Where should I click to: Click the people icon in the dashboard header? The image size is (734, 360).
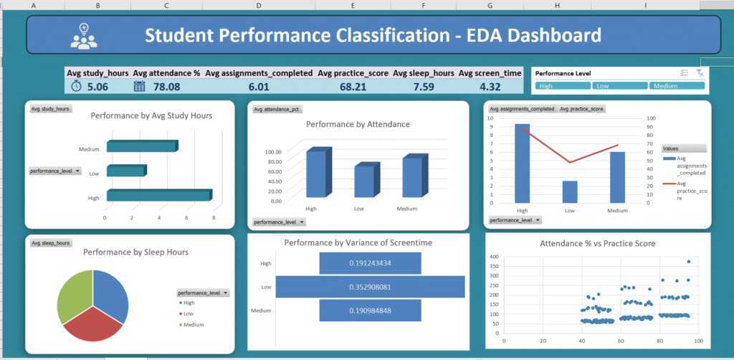(x=85, y=35)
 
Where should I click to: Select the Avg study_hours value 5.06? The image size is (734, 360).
(x=97, y=86)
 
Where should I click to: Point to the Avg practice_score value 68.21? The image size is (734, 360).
(x=353, y=86)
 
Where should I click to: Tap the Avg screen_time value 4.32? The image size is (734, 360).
(x=490, y=86)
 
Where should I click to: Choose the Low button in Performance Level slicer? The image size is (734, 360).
(x=620, y=86)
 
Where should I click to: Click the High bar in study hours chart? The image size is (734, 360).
(x=158, y=196)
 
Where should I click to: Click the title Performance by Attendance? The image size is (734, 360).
(x=358, y=124)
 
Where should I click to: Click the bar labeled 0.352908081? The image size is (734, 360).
(x=370, y=287)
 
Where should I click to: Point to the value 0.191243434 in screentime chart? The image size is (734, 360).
(x=370, y=263)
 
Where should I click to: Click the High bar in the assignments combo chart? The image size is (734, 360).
(x=522, y=164)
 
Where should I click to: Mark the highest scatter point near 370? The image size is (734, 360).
(x=689, y=262)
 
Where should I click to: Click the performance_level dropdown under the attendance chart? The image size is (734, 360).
(x=280, y=222)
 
